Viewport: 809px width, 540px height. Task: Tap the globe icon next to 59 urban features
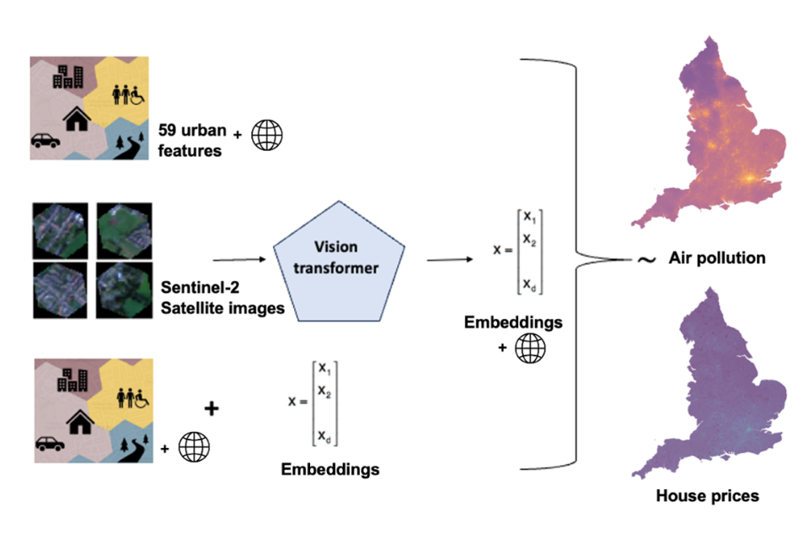[268, 133]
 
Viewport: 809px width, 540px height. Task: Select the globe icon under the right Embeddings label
[530, 348]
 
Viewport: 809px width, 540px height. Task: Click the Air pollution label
[716, 258]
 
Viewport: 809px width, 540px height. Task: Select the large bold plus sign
[212, 408]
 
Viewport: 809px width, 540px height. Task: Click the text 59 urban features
[191, 141]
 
